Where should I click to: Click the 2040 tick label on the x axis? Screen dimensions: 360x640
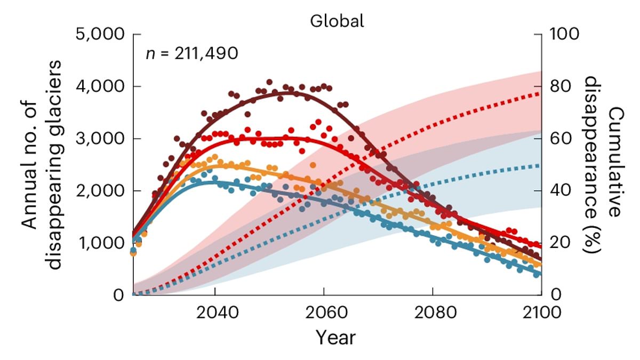(x=215, y=313)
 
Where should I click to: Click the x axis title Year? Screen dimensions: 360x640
(x=335, y=337)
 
